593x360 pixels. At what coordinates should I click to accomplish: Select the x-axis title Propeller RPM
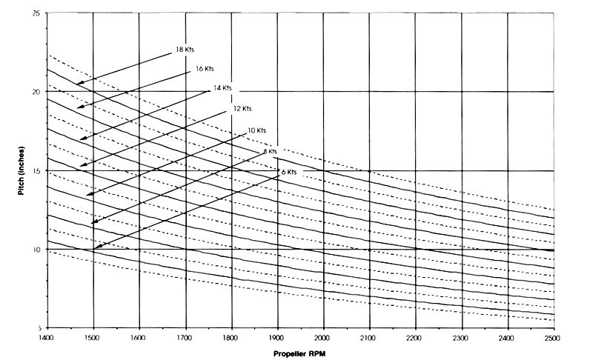(299, 353)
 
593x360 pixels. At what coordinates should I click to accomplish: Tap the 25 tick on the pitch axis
(37, 13)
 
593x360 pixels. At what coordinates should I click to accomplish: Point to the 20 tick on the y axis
(37, 92)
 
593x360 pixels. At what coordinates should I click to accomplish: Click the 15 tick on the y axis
(37, 170)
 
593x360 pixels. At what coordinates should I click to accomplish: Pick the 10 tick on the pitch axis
(37, 250)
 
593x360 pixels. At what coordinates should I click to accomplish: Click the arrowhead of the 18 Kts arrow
(77, 84)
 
